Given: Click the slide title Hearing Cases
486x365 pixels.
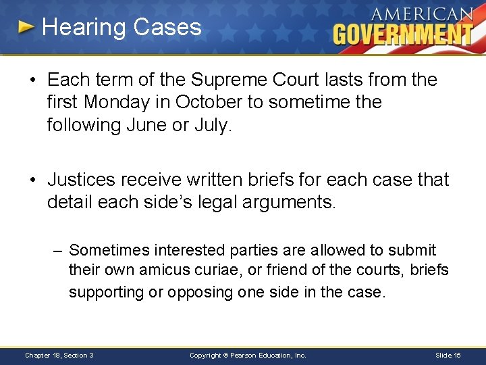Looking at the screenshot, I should (122, 27).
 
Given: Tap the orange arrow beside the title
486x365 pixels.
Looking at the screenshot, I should (26, 27).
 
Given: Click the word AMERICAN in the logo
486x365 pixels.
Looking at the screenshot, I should (421, 14).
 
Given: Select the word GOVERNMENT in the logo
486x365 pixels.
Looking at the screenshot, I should (403, 34).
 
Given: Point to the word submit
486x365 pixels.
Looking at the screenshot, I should (415, 250).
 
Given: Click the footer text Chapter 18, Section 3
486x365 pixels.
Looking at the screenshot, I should (59, 356).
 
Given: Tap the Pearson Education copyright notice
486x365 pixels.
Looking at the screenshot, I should (248, 356).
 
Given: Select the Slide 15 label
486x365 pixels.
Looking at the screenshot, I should (448, 356).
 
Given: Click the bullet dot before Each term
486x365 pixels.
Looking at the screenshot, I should (32, 80).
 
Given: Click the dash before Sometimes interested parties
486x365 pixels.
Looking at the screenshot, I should (59, 251).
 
